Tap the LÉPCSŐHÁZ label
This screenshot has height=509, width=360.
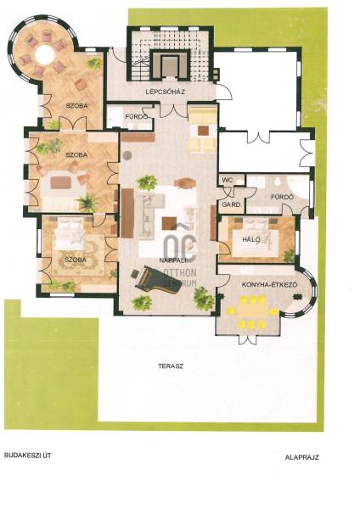pyautogui.click(x=166, y=92)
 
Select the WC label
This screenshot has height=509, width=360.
pyautogui.click(x=227, y=180)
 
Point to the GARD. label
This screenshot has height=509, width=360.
pyautogui.click(x=231, y=204)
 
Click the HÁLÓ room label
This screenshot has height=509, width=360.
pyautogui.click(x=251, y=239)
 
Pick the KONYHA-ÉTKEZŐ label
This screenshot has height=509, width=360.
pyautogui.click(x=269, y=285)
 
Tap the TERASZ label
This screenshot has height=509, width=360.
pyautogui.click(x=171, y=366)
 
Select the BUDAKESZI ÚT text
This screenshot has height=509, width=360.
pyautogui.click(x=28, y=456)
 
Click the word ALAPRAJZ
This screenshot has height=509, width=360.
pyautogui.click(x=302, y=458)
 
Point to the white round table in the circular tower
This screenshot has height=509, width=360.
pyautogui.click(x=45, y=53)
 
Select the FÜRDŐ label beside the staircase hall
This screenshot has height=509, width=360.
pyautogui.click(x=137, y=116)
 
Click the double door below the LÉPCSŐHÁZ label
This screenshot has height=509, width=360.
pyautogui.click(x=174, y=110)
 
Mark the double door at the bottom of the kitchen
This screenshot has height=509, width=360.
pyautogui.click(x=248, y=339)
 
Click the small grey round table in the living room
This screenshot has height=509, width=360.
pyautogui.click(x=127, y=155)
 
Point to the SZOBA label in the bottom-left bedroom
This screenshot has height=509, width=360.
pyautogui.click(x=76, y=260)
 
